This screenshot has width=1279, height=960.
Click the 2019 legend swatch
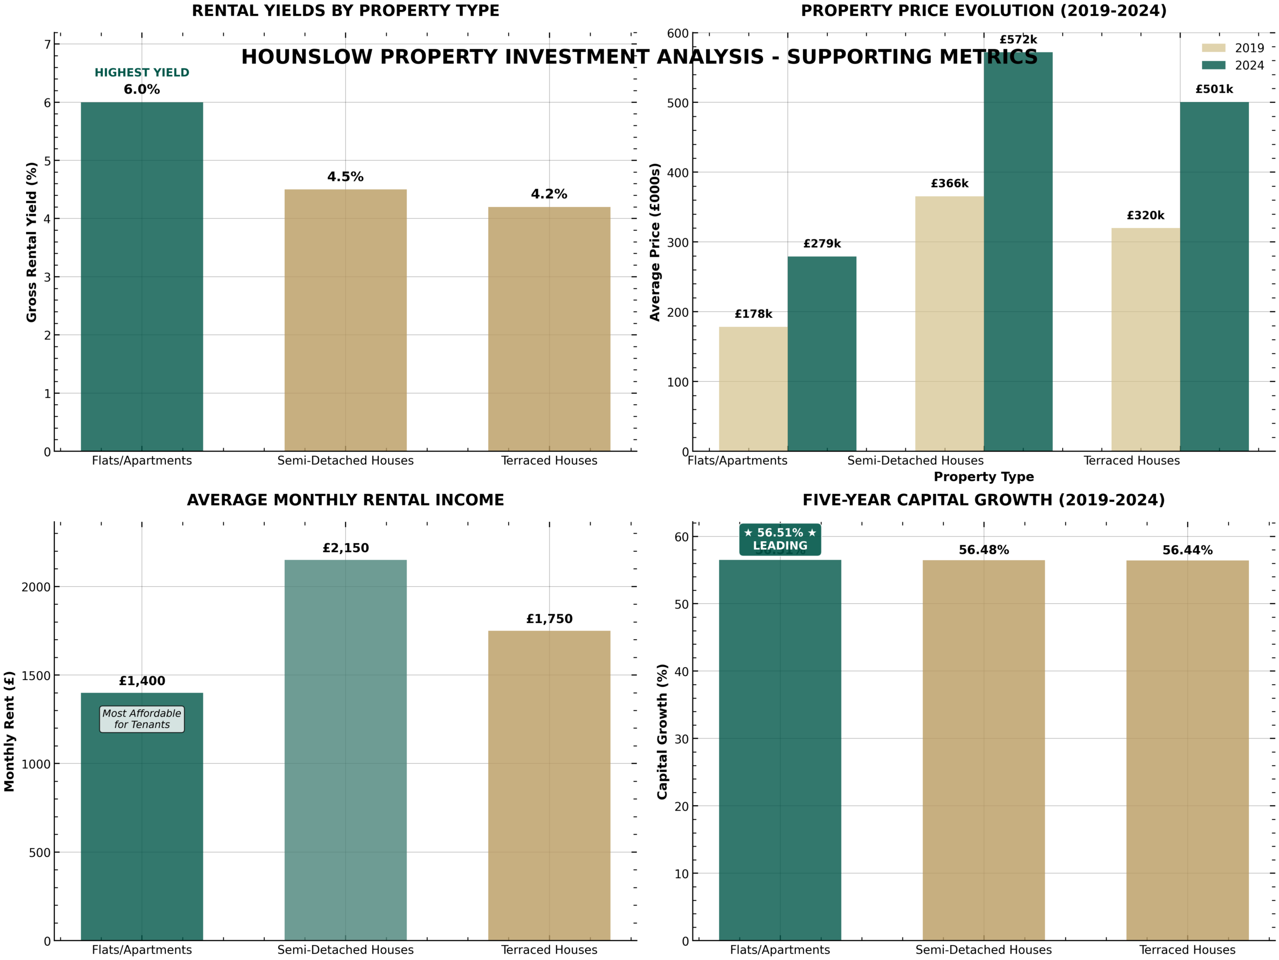click(1213, 48)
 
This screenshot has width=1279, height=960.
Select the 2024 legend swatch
click(1213, 65)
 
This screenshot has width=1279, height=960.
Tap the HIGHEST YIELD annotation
click(142, 72)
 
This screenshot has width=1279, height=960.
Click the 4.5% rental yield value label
click(345, 177)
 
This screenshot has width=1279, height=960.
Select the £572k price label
click(1018, 40)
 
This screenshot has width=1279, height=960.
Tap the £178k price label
click(753, 314)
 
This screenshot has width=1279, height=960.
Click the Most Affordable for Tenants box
click(142, 719)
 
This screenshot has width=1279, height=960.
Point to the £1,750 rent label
click(549, 619)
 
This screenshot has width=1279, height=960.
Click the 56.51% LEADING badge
click(779, 539)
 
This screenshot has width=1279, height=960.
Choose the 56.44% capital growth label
click(1187, 550)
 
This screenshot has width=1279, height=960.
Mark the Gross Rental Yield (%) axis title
click(32, 242)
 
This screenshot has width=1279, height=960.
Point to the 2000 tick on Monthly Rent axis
click(36, 587)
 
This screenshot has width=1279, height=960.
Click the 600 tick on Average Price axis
click(677, 33)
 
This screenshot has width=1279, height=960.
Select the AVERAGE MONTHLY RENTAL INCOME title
click(345, 500)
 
